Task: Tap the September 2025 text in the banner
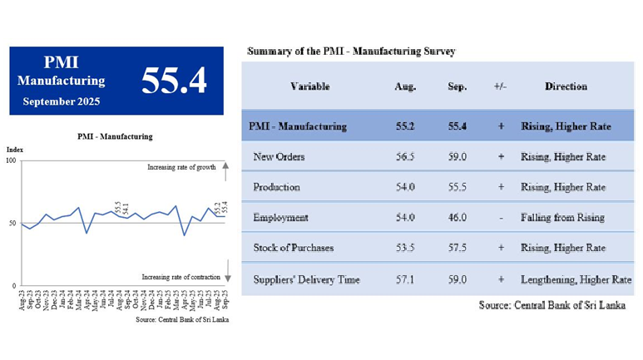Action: point(62,101)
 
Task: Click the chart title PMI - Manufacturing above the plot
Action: point(114,136)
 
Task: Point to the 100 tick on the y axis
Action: point(12,160)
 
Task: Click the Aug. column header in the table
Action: point(405,86)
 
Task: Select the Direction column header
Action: point(566,86)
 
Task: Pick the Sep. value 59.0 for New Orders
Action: point(457,156)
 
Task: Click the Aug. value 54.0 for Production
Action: point(405,187)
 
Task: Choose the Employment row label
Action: point(280,217)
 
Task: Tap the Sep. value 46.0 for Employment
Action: point(457,217)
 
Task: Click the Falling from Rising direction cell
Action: point(562,217)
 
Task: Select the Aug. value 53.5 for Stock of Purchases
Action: point(405,248)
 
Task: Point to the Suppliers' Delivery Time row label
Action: point(306,279)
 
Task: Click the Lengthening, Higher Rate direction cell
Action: point(576,279)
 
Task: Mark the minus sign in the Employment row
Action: point(501,217)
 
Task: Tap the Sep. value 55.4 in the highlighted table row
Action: point(457,126)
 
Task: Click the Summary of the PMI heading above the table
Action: point(351,52)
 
